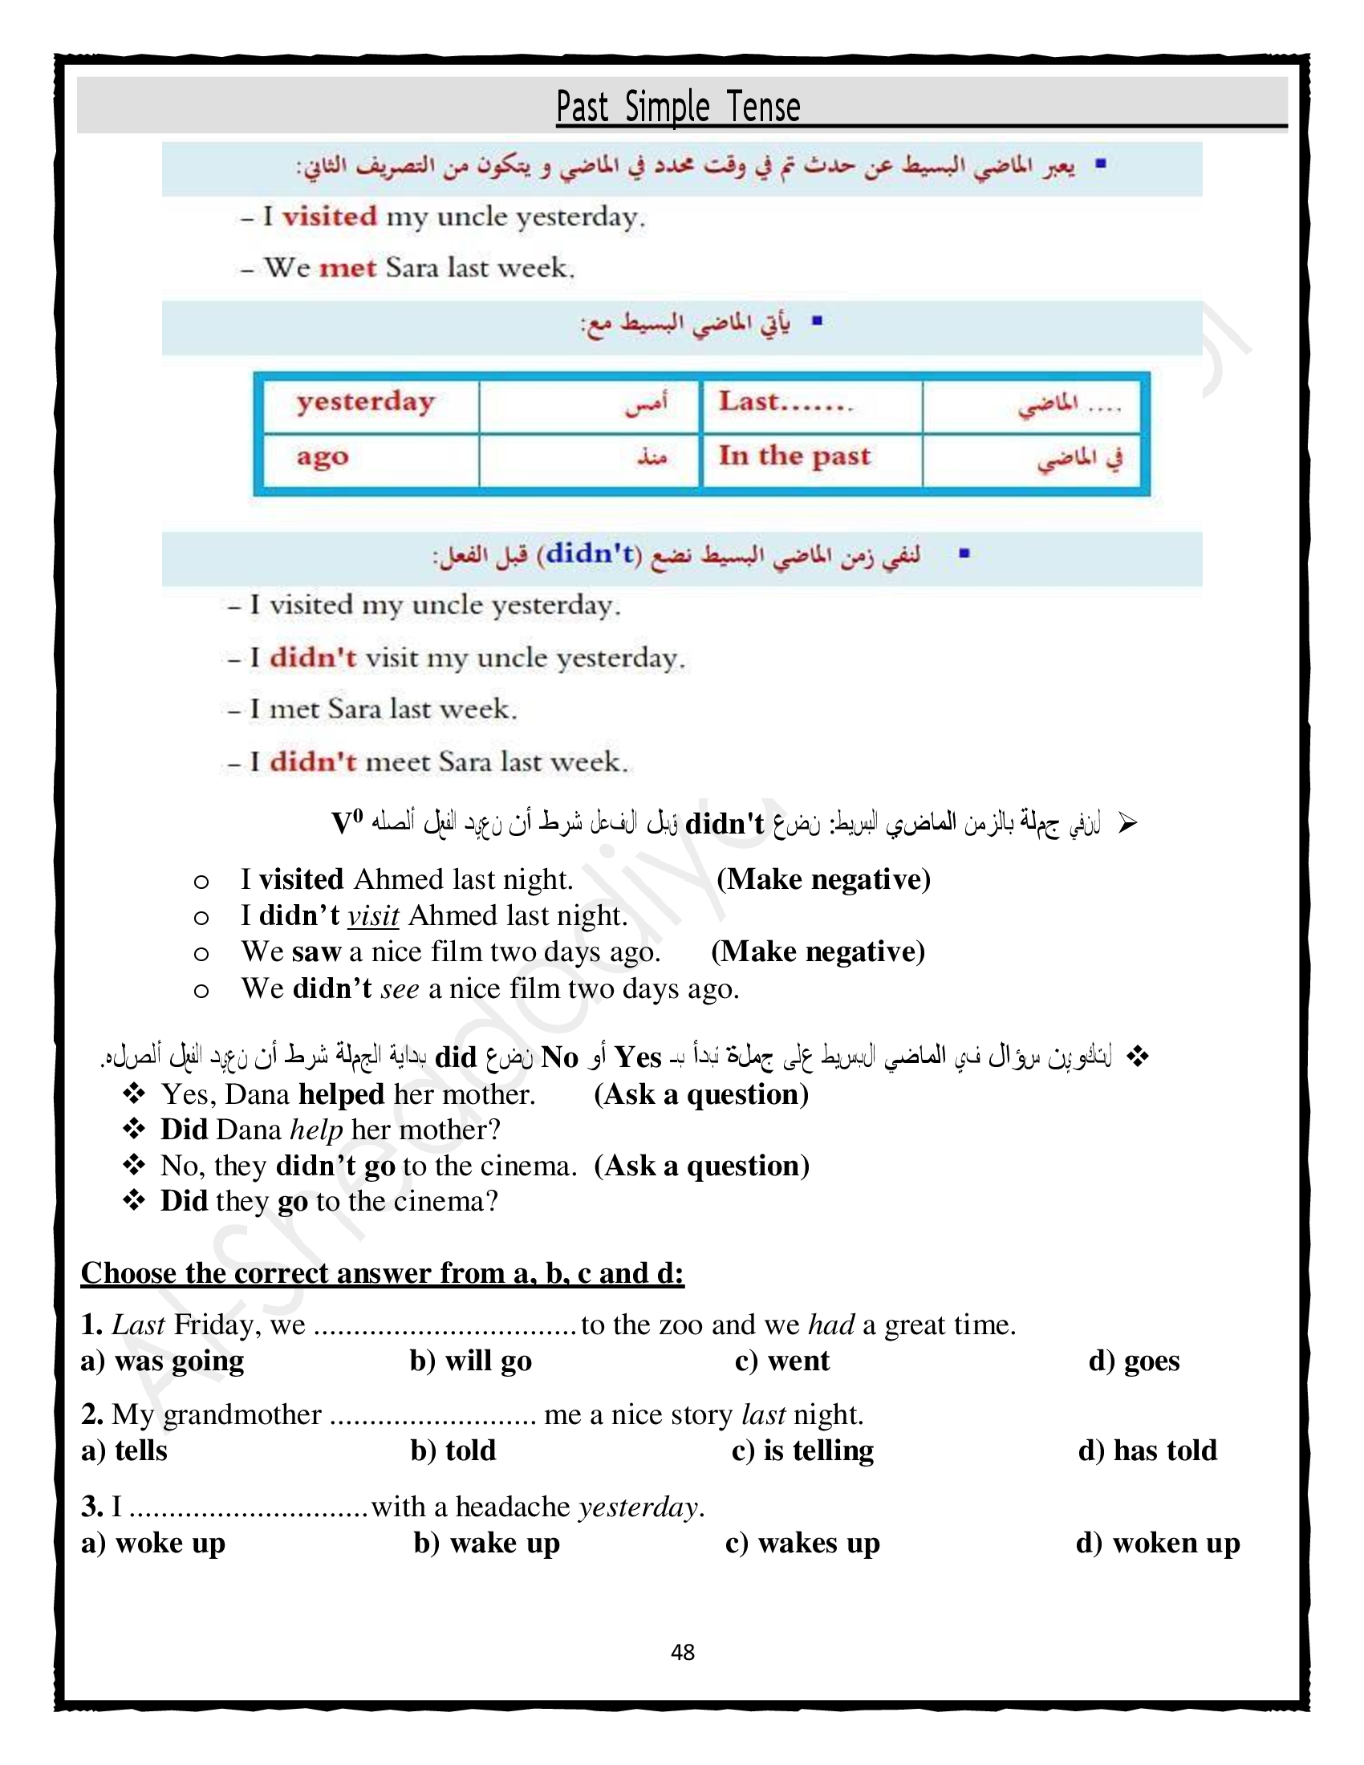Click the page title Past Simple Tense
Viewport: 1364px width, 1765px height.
[678, 108]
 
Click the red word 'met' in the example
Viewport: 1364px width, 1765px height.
[347, 267]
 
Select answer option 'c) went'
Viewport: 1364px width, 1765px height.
[781, 1361]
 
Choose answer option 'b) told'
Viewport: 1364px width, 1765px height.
[453, 1451]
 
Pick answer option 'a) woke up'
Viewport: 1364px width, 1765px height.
[152, 1543]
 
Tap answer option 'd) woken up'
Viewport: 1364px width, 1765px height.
[1157, 1543]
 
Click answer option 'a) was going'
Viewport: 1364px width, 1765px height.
[161, 1361]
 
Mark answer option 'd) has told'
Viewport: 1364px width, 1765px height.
[1147, 1451]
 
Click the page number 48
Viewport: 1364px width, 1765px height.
[682, 1652]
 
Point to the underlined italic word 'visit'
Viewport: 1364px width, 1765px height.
[373, 915]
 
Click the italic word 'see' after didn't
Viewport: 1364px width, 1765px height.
[400, 988]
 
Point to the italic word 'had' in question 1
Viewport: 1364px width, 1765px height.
[831, 1325]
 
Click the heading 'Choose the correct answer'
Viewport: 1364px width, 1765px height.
[381, 1274]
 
